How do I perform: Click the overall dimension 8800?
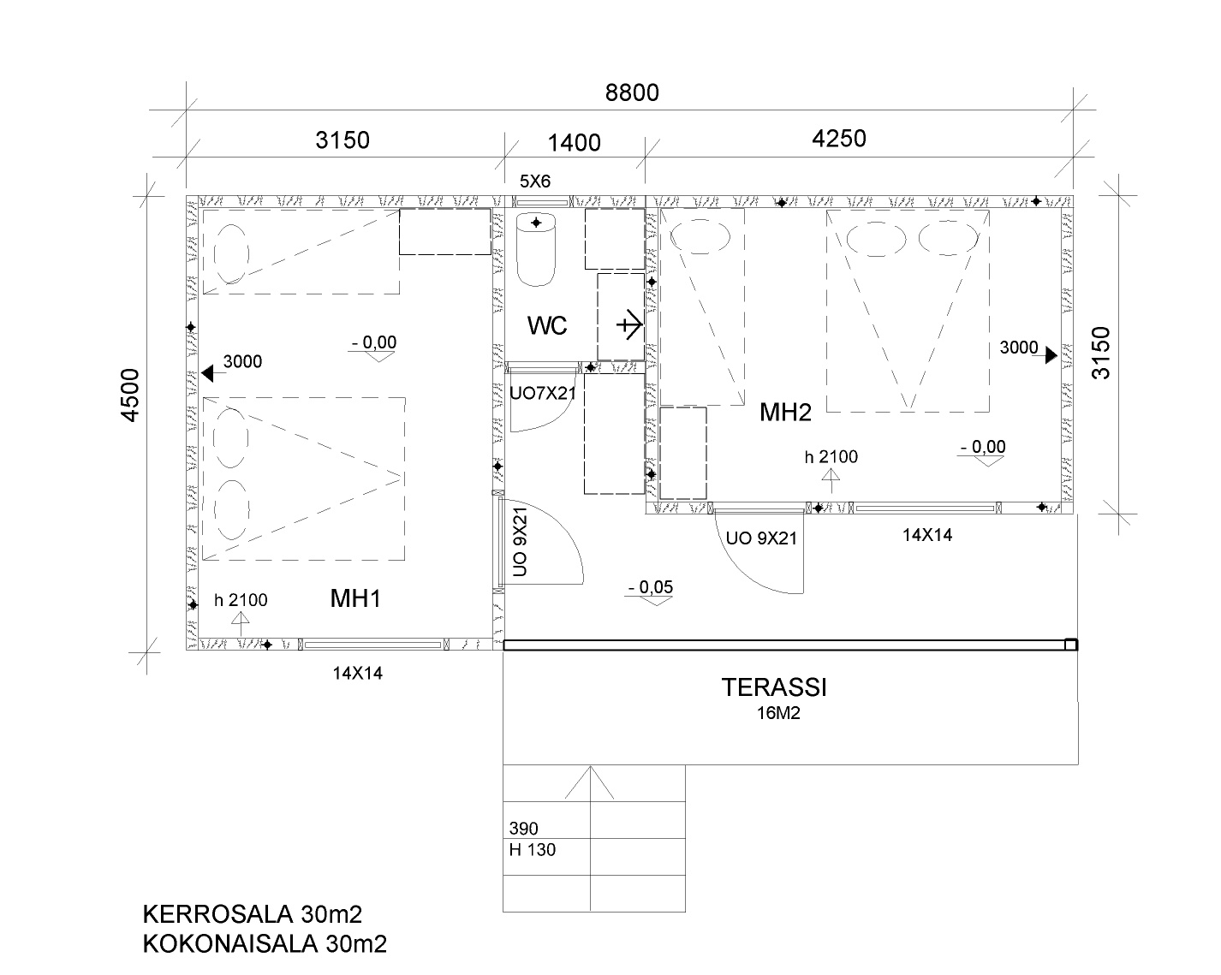(632, 92)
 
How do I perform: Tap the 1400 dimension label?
(574, 143)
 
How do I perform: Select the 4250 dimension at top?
(838, 139)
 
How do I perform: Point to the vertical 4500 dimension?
(130, 395)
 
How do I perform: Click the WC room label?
(547, 325)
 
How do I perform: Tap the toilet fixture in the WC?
(536, 250)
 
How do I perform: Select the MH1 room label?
(355, 599)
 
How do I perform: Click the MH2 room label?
(785, 413)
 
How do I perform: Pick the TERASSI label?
(774, 687)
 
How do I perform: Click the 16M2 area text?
(778, 713)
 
